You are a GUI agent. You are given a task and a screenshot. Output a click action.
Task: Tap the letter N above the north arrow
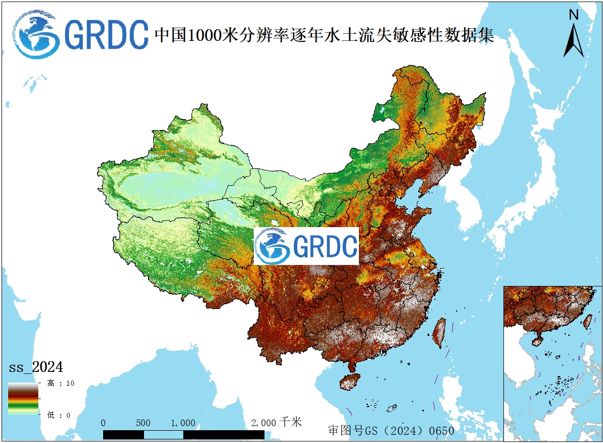[x=573, y=15]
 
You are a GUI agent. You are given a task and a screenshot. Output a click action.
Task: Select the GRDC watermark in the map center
[x=306, y=246]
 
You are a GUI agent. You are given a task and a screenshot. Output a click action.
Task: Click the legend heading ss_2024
[x=36, y=367]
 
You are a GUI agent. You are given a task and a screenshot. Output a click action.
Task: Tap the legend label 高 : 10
[x=61, y=383]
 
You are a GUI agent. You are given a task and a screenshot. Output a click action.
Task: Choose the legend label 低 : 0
[x=58, y=415]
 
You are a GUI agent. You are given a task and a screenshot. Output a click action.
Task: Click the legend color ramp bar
[x=23, y=398]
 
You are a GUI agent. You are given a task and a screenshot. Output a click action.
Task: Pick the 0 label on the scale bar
[x=104, y=423]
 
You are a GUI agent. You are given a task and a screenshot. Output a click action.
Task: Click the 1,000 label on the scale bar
[x=183, y=423]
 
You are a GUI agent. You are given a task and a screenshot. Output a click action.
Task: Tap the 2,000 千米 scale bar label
[x=276, y=423]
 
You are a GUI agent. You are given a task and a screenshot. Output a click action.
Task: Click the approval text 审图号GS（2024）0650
[x=391, y=430]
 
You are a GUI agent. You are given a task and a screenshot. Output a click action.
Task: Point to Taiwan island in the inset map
[x=588, y=321]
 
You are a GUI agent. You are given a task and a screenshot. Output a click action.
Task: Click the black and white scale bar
[x=184, y=434]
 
